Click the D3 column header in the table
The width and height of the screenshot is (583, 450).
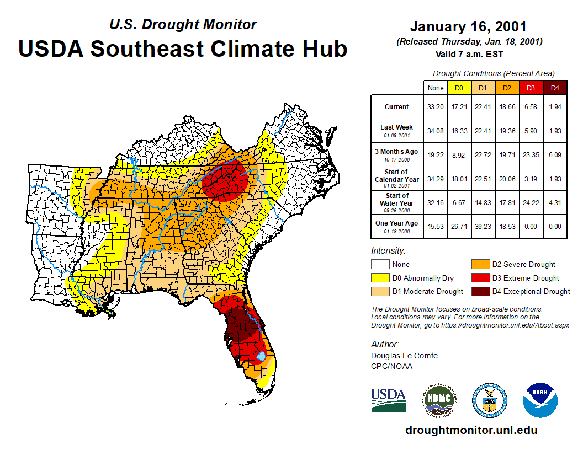530,88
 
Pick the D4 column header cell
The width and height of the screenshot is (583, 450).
555,88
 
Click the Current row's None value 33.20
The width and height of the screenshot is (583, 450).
436,106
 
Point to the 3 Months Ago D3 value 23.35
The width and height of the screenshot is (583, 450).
530,154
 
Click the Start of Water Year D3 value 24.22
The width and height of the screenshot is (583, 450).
530,202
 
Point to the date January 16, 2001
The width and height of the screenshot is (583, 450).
468,26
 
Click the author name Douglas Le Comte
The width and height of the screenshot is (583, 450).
404,356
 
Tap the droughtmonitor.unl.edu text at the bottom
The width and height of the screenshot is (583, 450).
471,430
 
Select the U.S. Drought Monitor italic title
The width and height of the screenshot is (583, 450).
183,25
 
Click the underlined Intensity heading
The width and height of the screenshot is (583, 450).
388,250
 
